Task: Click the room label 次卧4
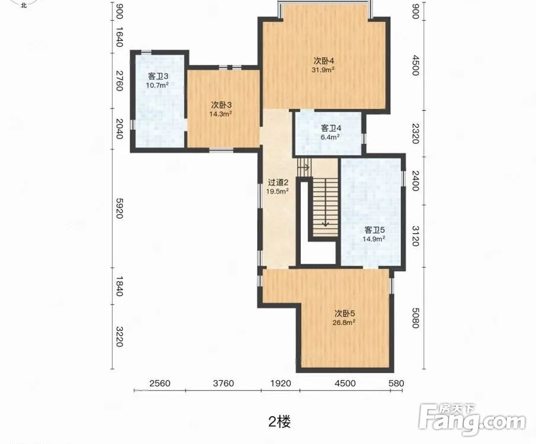[324, 61]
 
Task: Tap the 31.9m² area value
[323, 70]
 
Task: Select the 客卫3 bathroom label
[158, 76]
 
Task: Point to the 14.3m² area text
[221, 114]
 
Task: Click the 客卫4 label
[331, 128]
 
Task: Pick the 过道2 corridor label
[278, 182]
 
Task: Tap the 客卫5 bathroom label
[374, 230]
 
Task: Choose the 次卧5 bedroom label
[345, 313]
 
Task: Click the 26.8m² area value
[344, 322]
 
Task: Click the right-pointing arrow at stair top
[304, 168]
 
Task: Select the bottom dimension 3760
[223, 383]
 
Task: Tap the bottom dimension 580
[396, 383]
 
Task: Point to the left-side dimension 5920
[119, 208]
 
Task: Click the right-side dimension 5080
[415, 318]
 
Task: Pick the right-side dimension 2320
[415, 134]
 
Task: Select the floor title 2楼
[280, 422]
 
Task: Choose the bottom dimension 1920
[281, 383]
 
